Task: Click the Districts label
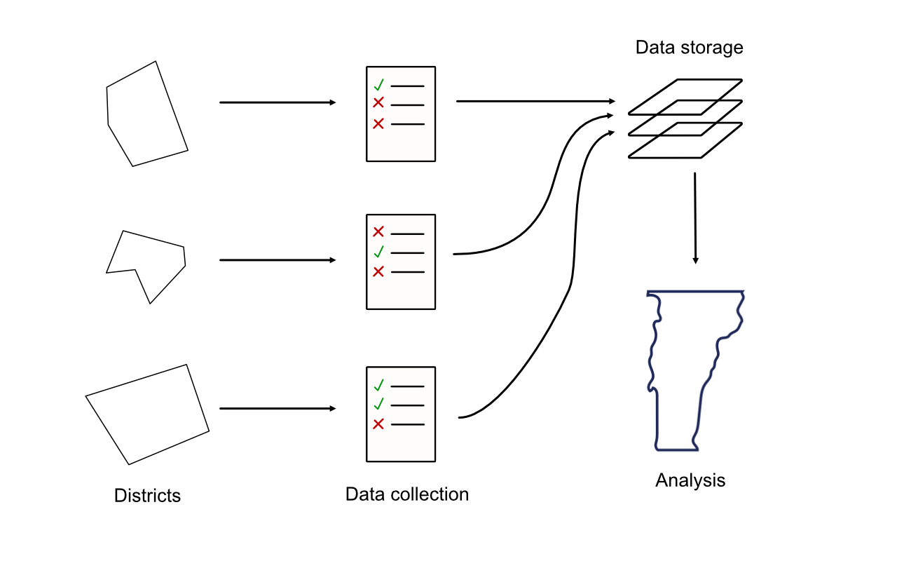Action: [147, 496]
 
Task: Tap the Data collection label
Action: [406, 494]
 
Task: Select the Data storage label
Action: [689, 48]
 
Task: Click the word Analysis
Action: [690, 480]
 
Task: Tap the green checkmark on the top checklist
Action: [378, 86]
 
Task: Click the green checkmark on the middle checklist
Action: [378, 252]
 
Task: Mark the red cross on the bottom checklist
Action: [378, 424]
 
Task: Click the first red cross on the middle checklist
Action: [378, 232]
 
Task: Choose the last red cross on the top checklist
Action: [378, 124]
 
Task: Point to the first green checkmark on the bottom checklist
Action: [378, 385]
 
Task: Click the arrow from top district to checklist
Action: [278, 102]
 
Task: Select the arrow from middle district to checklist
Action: [278, 260]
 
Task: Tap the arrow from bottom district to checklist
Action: [278, 408]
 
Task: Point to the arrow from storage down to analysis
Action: [695, 217]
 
